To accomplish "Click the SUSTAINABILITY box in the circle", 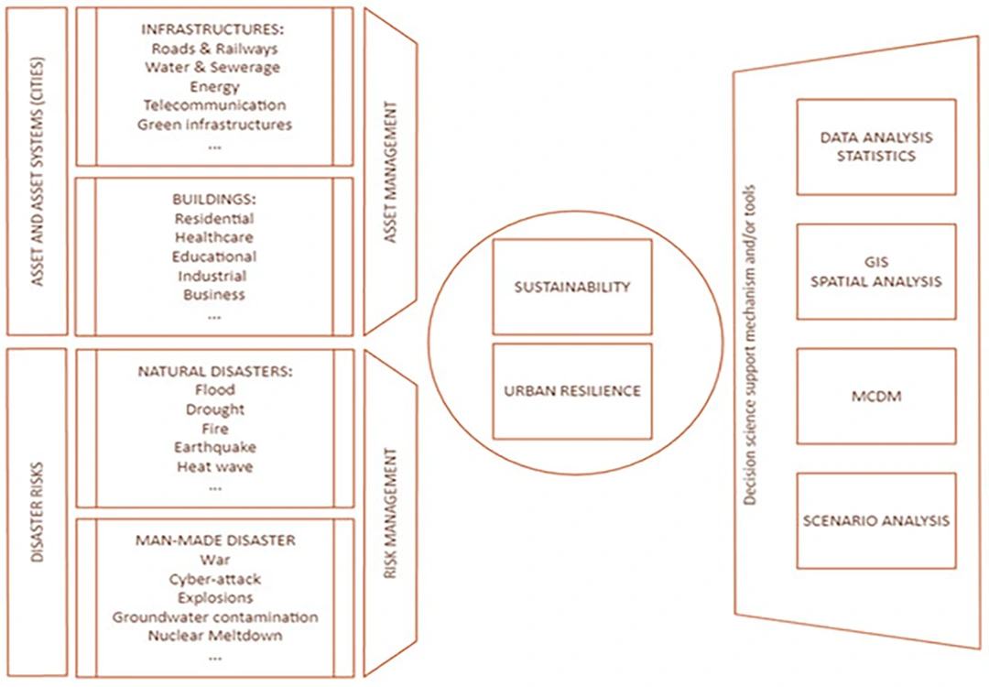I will click(x=572, y=287).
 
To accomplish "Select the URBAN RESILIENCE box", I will click(x=572, y=391).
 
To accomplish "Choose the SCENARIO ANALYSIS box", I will click(x=875, y=520).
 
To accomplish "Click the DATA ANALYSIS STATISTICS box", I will click(x=875, y=147).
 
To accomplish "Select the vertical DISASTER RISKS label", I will click(x=37, y=510).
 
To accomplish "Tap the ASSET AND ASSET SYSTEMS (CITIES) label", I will click(x=37, y=171).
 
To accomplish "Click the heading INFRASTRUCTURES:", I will click(x=214, y=29).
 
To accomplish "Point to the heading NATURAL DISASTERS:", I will click(x=214, y=372).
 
